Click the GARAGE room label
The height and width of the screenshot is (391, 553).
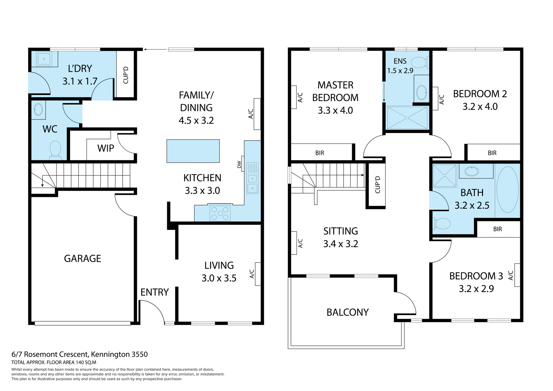pos(82,259)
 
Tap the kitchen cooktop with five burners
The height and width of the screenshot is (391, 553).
pos(220,213)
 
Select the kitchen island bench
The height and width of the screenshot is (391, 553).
pos(193,151)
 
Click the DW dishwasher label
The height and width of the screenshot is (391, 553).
pos(239,164)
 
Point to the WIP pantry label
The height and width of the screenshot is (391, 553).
pos(106,148)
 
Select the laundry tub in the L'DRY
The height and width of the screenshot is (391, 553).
pos(44,59)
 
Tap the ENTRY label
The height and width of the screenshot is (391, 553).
pos(154,292)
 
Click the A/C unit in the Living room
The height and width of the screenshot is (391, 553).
pos(258,274)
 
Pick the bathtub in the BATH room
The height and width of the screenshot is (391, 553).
pos(507,189)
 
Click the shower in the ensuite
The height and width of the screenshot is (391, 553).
pos(407,118)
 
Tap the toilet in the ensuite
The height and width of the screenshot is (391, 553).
pos(419,62)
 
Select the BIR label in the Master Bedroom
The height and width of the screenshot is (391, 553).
pos(320,153)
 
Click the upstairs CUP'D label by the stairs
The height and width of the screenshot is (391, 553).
pos(378,185)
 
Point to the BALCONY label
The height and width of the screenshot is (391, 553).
pos(348,312)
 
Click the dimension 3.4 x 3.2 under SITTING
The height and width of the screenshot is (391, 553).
pos(340,244)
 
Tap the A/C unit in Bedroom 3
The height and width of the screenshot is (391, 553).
pos(517,275)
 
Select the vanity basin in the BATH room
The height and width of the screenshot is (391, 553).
pos(472,172)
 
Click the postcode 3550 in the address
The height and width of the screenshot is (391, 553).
pos(139,354)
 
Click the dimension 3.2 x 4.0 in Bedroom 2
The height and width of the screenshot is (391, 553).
pos(480,107)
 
